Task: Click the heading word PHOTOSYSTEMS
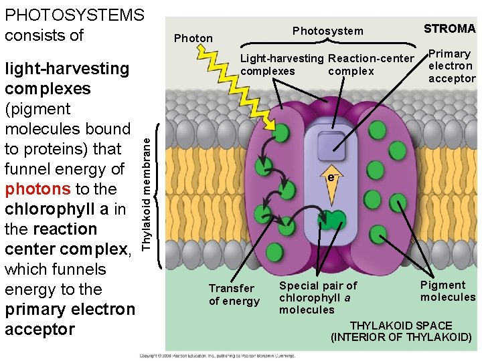click(74, 14)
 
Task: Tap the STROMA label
click(449, 29)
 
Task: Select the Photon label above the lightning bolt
click(193, 38)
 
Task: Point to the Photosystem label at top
click(328, 31)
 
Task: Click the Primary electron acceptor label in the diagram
click(451, 66)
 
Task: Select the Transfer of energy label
click(234, 294)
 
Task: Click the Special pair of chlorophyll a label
click(318, 297)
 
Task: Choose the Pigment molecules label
click(447, 291)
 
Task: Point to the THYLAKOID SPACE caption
click(402, 331)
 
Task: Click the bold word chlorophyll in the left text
click(50, 209)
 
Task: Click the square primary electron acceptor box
click(331, 144)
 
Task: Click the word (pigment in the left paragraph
click(37, 108)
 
